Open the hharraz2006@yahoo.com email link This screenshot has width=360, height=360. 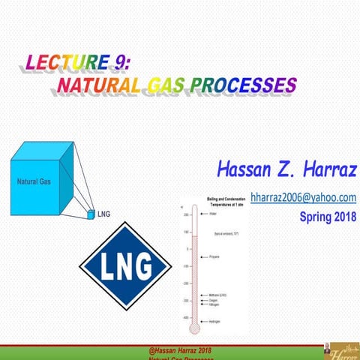tap(302, 197)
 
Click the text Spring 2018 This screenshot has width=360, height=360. tap(328, 217)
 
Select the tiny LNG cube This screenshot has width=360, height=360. tap(91, 214)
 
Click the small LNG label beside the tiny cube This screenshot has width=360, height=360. tap(103, 214)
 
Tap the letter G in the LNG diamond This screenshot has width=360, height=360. tap(142, 265)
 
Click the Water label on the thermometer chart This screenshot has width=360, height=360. tap(212, 214)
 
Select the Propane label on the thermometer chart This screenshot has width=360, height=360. tap(214, 266)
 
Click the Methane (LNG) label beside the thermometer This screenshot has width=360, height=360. tap(219, 295)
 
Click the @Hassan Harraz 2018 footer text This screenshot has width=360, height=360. tap(181, 350)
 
